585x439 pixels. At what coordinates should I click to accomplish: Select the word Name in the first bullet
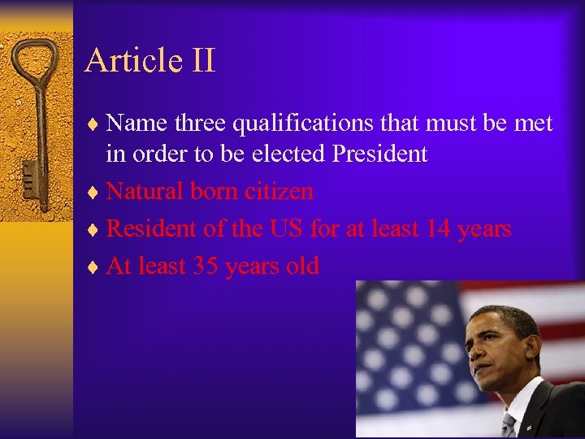(x=136, y=124)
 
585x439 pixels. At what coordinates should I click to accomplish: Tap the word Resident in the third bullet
(x=151, y=228)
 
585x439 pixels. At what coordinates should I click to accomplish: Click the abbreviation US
(x=285, y=228)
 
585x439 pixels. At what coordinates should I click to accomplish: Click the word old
(x=301, y=266)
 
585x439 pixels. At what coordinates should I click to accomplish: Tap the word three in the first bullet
(x=200, y=124)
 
